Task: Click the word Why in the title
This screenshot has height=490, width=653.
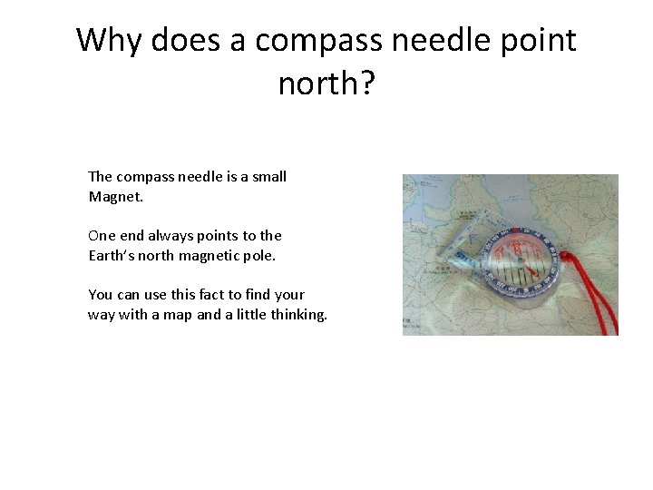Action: click(x=109, y=40)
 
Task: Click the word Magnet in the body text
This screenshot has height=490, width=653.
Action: click(x=109, y=197)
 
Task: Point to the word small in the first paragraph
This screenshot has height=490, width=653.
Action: click(x=268, y=176)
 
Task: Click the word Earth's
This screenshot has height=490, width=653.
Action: click(x=112, y=255)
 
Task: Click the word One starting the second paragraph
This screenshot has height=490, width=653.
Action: click(x=101, y=235)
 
